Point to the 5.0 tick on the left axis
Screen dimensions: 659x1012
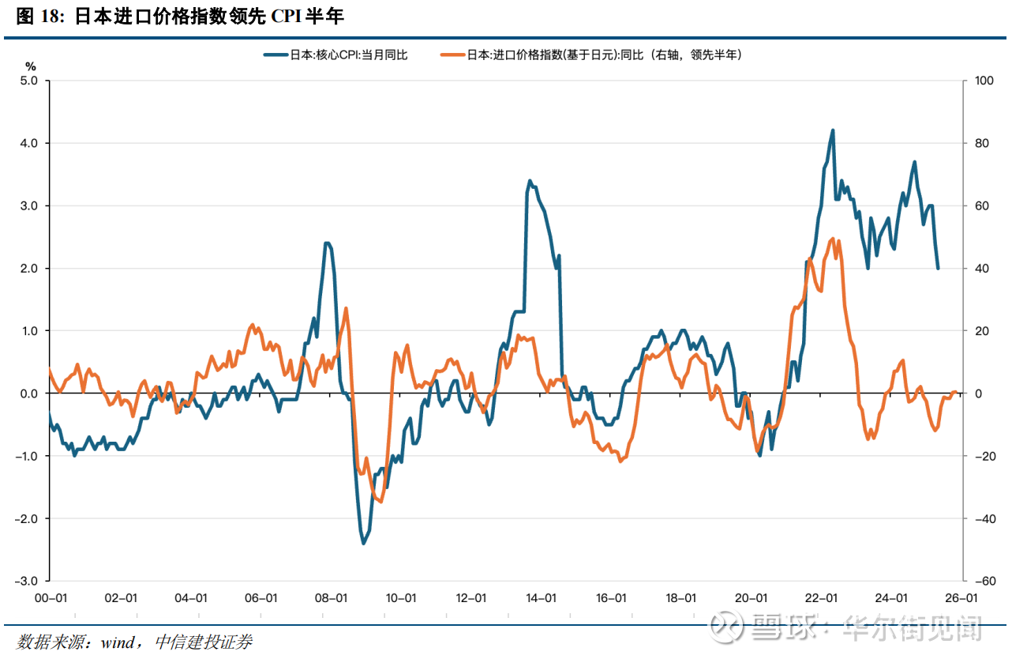(x=29, y=81)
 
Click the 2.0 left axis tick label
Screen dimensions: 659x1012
(x=29, y=269)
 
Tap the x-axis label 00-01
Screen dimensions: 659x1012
(x=50, y=599)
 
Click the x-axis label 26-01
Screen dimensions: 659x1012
(x=961, y=599)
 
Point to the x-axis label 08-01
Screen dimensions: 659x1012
(x=330, y=599)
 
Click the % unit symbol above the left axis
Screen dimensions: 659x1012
(x=31, y=65)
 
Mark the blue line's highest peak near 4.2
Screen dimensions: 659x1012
(x=833, y=131)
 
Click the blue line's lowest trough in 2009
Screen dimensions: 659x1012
(x=364, y=543)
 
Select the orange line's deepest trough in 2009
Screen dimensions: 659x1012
(x=380, y=501)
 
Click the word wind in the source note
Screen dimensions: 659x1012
(x=117, y=642)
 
